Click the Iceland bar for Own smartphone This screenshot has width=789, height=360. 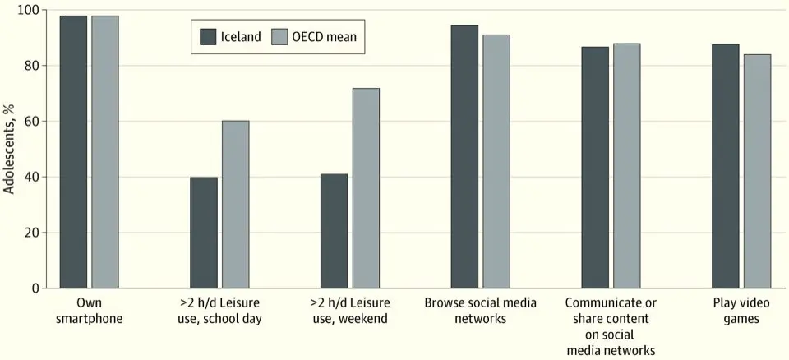pos(73,152)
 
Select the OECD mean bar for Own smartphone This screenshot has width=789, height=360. pos(105,152)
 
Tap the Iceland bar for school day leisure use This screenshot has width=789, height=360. pos(204,233)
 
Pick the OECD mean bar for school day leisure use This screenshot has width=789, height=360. pos(236,205)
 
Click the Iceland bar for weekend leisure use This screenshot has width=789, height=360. pos(335,231)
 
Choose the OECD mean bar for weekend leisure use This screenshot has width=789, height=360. pos(367,188)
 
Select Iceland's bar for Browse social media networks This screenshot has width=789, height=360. pos(464,157)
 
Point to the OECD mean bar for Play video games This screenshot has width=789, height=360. pos(757,171)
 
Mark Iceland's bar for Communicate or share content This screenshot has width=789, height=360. pos(595,168)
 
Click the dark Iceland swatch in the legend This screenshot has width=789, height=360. pos(208,36)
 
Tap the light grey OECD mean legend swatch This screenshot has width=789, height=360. pos(279,36)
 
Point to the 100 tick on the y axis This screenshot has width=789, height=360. pos(36,10)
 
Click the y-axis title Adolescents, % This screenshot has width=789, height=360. pos(9,149)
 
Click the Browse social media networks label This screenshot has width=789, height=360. pos(481,311)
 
